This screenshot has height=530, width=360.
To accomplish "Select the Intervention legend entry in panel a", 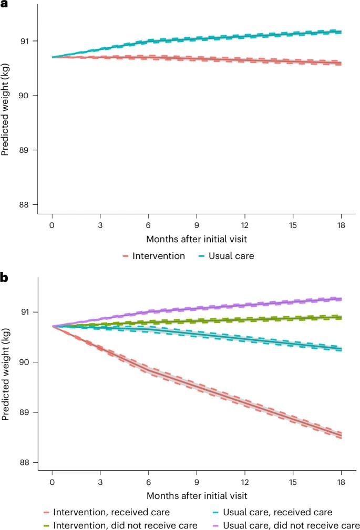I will pos(149,256).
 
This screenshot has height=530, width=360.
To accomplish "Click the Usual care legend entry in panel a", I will pos(223,256).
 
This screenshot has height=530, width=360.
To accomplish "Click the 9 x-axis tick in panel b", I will pos(197,482).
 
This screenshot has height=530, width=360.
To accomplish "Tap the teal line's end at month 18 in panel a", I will pos(341,32).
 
